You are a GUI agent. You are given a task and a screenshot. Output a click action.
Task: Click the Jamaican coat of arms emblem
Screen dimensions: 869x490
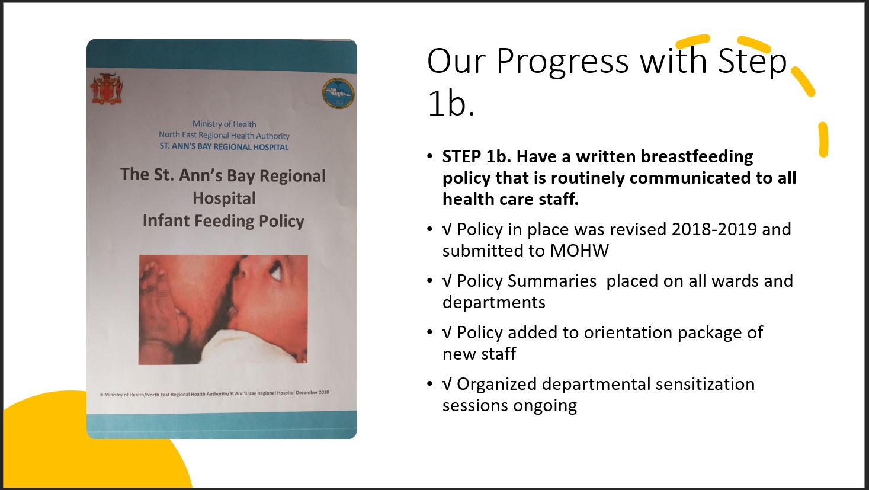(x=107, y=89)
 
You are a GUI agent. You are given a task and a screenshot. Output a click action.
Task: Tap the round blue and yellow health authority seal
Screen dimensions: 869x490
(x=338, y=94)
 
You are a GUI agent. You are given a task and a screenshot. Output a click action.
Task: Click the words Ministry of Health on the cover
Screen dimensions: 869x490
(x=225, y=124)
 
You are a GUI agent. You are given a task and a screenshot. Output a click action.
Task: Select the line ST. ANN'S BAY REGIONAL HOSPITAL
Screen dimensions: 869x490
(x=224, y=147)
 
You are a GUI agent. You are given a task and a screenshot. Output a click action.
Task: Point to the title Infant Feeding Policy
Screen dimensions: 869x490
(x=223, y=221)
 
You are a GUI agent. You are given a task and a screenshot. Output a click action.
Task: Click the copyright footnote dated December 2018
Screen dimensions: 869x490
(x=214, y=393)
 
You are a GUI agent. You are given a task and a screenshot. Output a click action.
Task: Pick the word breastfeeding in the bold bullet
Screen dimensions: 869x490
(x=697, y=157)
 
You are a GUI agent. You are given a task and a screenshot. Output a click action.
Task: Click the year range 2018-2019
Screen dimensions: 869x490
(x=714, y=229)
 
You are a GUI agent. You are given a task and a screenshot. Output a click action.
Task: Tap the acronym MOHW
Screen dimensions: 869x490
(x=579, y=251)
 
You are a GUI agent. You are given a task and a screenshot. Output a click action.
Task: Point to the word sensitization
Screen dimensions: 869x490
(x=706, y=384)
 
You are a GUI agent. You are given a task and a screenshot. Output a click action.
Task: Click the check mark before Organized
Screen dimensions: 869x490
(x=447, y=385)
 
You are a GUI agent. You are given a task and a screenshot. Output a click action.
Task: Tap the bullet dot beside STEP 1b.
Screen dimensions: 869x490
(x=429, y=156)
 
